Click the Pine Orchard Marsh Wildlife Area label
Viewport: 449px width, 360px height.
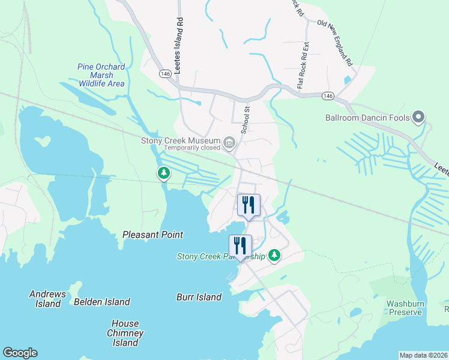pyautogui.click(x=101, y=75)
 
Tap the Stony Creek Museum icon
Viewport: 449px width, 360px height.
pyautogui.click(x=229, y=142)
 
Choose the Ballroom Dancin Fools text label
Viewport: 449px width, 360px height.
pyautogui.click(x=367, y=118)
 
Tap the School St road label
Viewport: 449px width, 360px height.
pyautogui.click(x=245, y=121)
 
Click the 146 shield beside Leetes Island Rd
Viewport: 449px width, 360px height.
pyautogui.click(x=166, y=73)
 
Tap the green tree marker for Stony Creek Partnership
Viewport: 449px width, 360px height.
pyautogui.click(x=274, y=256)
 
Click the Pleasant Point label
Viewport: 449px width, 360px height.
pyautogui.click(x=152, y=235)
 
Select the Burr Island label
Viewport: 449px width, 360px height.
pyautogui.click(x=199, y=297)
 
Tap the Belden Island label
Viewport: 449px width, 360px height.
pyautogui.click(x=101, y=302)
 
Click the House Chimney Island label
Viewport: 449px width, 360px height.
pyautogui.click(x=125, y=333)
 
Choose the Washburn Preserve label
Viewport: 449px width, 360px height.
pyautogui.click(x=405, y=308)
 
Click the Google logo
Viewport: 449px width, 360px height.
pyautogui.click(x=20, y=353)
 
